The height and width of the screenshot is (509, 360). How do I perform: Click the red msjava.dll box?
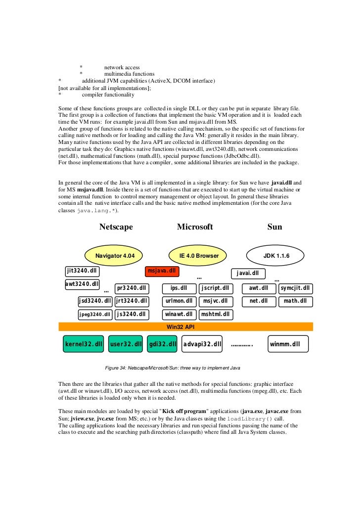[x=162, y=271]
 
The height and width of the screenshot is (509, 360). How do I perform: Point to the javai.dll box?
[x=248, y=273]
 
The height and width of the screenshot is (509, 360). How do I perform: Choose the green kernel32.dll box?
[x=83, y=344]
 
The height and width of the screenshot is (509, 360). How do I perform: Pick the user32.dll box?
[x=126, y=344]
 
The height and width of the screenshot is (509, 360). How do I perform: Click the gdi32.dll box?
[x=162, y=344]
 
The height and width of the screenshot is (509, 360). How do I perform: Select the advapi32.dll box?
[x=202, y=344]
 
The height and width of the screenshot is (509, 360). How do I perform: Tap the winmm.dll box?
[x=288, y=344]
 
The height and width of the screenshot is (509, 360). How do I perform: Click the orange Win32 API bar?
[x=186, y=326]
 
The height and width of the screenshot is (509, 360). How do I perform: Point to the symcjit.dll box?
[x=295, y=288]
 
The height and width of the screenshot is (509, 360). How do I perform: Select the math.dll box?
[x=295, y=301]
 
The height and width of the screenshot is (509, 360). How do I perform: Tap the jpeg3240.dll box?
[x=95, y=314]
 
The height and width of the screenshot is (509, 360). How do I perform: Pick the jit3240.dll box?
[x=82, y=271]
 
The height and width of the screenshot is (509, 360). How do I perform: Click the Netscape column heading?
[x=116, y=227]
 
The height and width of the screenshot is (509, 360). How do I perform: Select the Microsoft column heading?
[x=195, y=227]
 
